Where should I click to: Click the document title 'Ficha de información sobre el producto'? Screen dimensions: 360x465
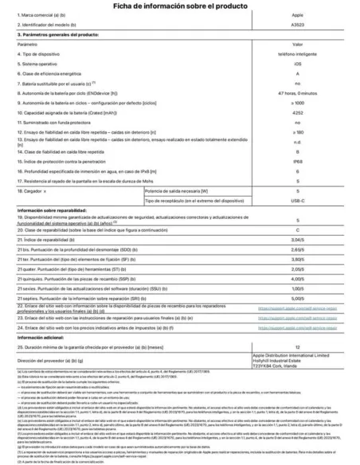pyautogui.click(x=179, y=6)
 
